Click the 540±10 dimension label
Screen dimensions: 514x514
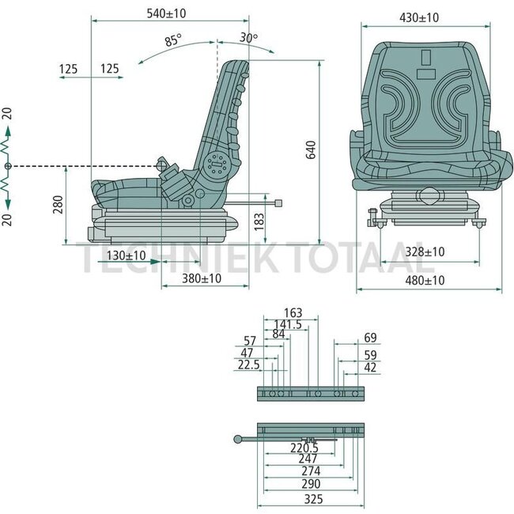[167, 13]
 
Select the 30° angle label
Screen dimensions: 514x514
[248, 37]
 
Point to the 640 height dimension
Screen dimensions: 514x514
[312, 150]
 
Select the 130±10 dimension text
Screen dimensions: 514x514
[126, 255]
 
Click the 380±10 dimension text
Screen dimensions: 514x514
[202, 279]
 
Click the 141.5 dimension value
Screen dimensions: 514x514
[287, 324]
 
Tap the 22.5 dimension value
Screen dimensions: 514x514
[248, 364]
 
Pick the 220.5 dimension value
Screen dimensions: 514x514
[304, 447]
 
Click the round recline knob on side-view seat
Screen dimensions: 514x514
[215, 164]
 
